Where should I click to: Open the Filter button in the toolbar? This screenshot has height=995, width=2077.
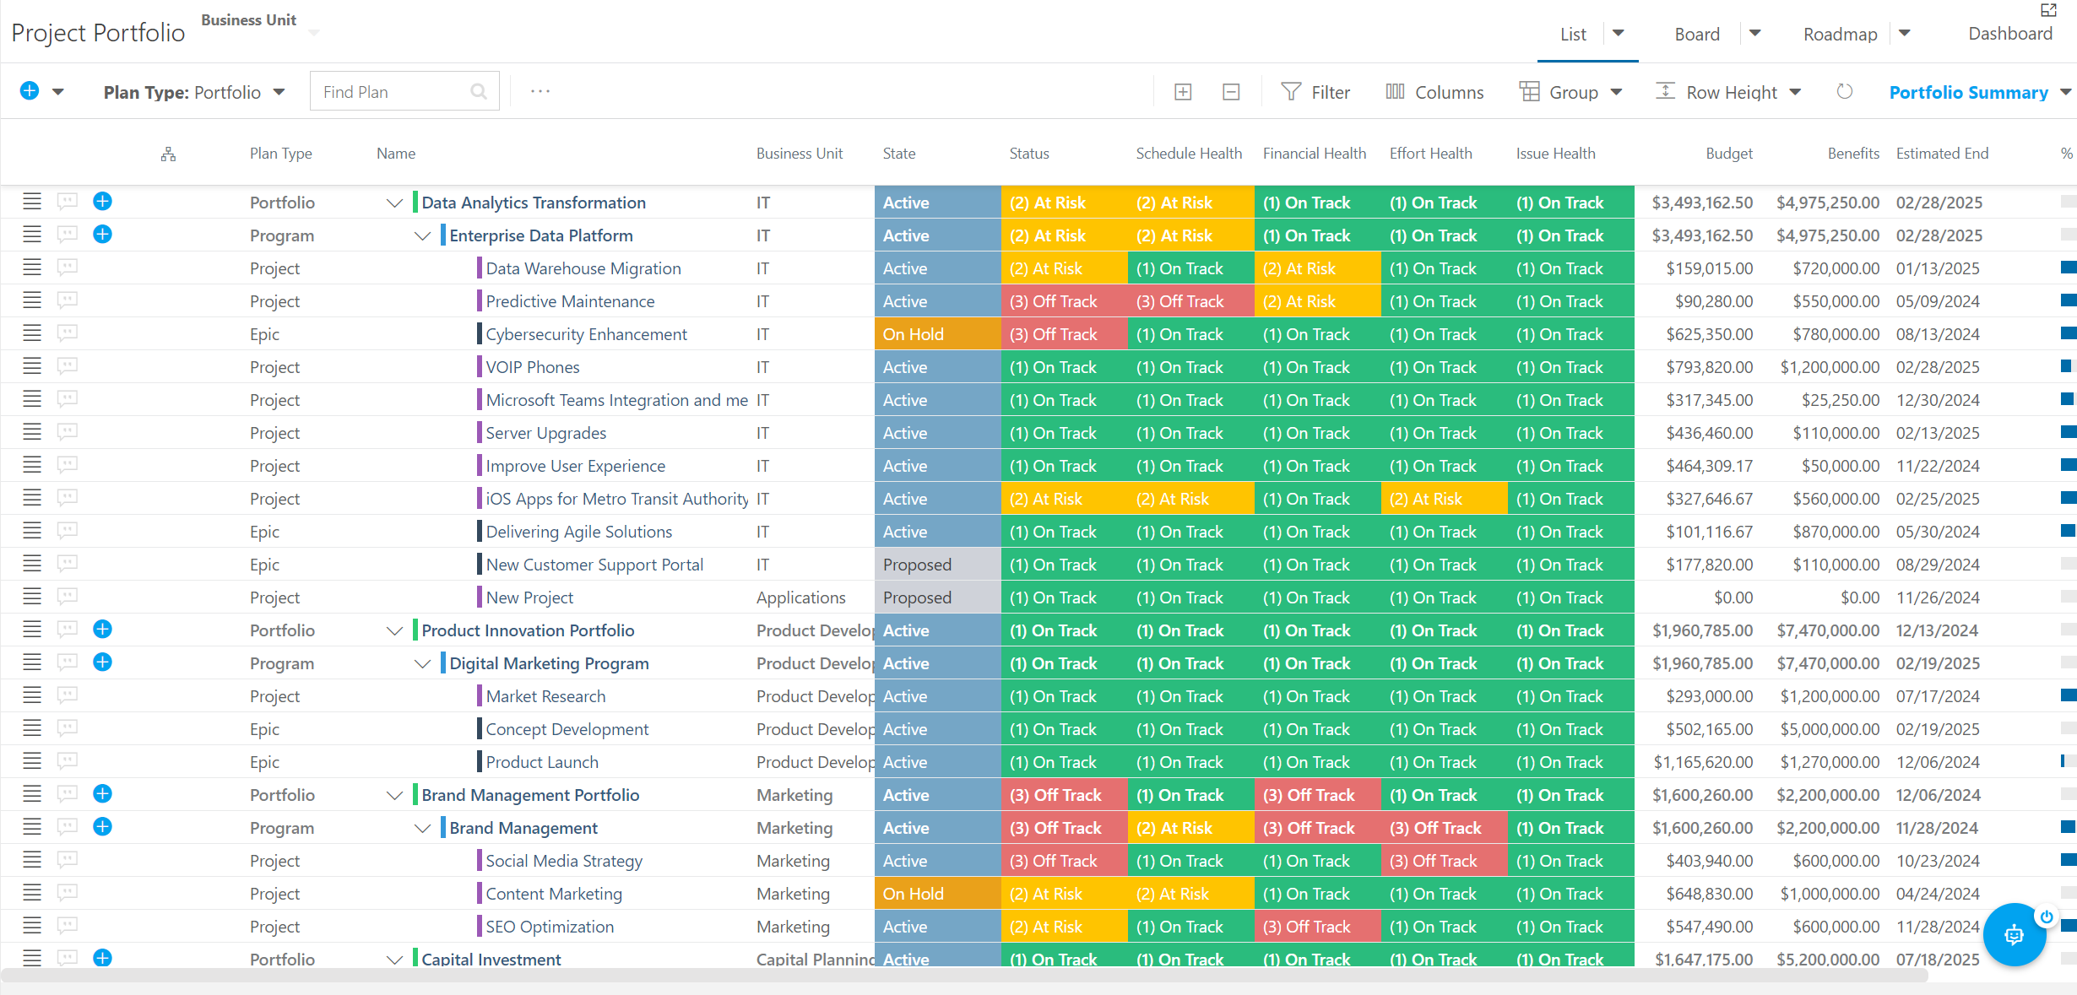[x=1315, y=92]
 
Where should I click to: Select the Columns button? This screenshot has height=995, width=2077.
[x=1434, y=92]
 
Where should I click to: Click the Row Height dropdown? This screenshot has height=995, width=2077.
[x=1728, y=92]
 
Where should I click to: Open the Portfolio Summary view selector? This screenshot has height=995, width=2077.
[x=1980, y=92]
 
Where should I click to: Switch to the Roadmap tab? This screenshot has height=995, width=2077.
[x=1841, y=34]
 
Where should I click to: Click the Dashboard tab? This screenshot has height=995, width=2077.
[x=2010, y=34]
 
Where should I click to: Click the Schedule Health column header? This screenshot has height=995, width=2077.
[x=1189, y=153]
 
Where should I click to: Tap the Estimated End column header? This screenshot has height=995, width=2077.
[x=1942, y=153]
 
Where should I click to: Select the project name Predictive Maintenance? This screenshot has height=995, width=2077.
[x=570, y=301]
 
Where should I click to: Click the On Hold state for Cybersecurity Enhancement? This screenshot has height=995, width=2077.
[x=937, y=334]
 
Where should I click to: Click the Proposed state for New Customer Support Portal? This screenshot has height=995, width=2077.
[x=937, y=565]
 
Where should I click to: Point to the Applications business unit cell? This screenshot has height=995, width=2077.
[x=800, y=598]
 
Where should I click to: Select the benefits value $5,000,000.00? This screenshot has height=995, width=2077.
[x=1830, y=729]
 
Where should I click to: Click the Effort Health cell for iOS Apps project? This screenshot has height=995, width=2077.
[x=1444, y=499]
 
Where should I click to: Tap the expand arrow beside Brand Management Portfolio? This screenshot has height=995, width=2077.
[x=394, y=795]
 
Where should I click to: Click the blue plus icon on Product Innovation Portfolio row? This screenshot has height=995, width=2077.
[x=102, y=629]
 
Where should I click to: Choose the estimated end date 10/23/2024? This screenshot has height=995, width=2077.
[x=1938, y=861]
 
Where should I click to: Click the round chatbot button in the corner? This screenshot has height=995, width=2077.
[x=2014, y=934]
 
